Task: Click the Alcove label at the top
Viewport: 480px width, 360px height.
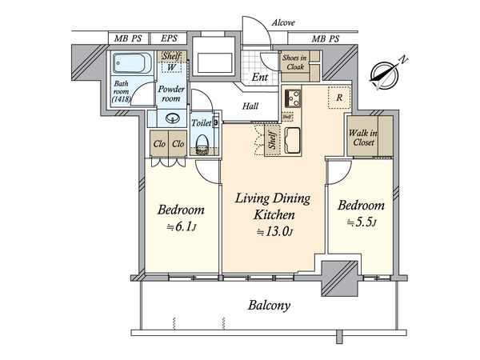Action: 283,22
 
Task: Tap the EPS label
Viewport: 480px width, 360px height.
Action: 169,38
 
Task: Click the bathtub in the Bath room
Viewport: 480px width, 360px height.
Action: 132,64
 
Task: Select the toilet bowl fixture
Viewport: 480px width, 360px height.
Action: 202,145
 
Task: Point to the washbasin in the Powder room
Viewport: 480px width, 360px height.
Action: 173,118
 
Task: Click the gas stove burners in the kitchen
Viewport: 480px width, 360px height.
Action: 293,98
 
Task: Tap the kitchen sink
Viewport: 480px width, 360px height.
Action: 292,141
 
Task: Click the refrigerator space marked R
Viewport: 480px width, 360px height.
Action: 339,98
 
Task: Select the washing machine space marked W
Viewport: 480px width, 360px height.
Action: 171,67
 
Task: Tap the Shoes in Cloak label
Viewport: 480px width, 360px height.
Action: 294,62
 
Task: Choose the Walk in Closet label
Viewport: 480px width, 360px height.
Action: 363,138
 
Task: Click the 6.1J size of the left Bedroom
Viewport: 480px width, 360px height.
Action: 182,227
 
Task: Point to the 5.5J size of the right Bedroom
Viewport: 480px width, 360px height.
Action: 362,222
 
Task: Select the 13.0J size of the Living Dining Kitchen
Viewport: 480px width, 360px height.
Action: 274,232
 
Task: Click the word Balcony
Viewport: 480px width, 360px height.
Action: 269,306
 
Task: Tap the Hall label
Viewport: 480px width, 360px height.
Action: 250,106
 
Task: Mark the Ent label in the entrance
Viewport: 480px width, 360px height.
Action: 259,77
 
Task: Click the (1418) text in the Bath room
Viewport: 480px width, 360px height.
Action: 122,99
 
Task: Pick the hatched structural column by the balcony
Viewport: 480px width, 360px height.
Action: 339,278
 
